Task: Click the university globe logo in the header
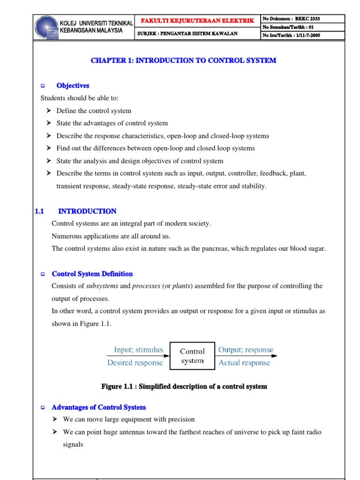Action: click(x=47, y=26)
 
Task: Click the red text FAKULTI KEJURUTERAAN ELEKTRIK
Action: click(x=197, y=21)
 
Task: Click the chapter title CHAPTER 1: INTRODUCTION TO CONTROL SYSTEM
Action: click(x=183, y=60)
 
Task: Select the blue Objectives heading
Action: click(x=73, y=86)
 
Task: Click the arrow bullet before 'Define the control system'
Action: click(x=49, y=111)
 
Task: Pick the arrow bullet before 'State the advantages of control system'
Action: click(x=49, y=123)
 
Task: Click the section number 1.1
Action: click(x=39, y=211)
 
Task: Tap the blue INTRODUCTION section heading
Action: click(x=87, y=211)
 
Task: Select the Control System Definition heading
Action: click(x=92, y=274)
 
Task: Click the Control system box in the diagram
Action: click(x=192, y=356)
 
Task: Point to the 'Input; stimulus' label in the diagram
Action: click(x=138, y=350)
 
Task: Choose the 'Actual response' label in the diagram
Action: click(x=244, y=363)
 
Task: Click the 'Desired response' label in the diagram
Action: click(x=135, y=363)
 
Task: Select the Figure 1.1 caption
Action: click(x=184, y=387)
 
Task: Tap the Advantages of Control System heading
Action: click(x=98, y=407)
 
